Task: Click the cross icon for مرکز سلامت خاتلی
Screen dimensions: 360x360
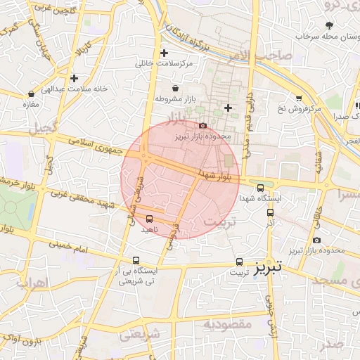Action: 165,53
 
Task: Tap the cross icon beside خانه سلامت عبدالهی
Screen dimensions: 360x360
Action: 74,78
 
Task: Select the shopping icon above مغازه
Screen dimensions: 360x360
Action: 31,94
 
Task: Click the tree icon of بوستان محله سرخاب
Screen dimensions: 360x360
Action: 328,25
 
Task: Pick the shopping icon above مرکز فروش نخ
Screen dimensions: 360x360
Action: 299,98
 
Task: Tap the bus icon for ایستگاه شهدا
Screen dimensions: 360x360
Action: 261,188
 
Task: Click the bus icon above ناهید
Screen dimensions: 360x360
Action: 149,219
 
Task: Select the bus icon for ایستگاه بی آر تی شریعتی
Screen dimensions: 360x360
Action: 136,259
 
